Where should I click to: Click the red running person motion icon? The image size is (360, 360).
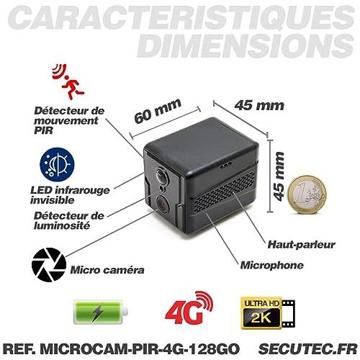click(68, 81)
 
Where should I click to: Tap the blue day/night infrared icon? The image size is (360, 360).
click(57, 165)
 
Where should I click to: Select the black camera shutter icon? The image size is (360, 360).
click(49, 265)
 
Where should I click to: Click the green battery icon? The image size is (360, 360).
click(100, 312)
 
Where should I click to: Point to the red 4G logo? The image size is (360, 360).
click(189, 308)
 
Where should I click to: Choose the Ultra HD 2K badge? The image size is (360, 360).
click(268, 312)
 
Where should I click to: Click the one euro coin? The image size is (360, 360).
click(307, 194)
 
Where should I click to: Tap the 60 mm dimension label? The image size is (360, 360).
click(158, 111)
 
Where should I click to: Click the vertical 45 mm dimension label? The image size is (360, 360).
click(279, 176)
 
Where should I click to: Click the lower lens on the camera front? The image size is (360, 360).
click(163, 204)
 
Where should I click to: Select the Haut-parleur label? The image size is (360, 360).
click(301, 245)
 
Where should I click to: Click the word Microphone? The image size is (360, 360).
click(271, 266)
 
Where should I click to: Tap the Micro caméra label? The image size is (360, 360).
click(107, 270)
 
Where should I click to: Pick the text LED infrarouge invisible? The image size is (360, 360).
click(70, 195)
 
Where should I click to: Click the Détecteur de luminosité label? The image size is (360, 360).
click(69, 220)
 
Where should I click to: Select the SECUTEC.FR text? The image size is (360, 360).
click(308, 348)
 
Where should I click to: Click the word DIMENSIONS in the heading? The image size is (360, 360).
click(246, 45)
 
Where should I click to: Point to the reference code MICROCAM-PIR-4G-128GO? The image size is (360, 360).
click(140, 348)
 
